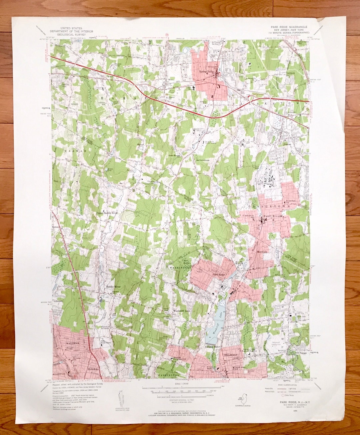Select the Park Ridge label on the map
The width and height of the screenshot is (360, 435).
coord(219,274)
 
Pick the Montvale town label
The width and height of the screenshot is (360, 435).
coord(262,252)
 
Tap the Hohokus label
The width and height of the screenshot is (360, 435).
coord(92,369)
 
